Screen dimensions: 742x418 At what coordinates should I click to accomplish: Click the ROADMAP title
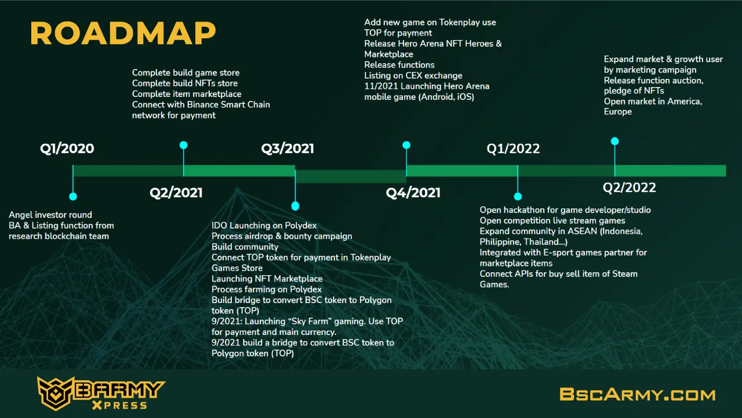[123, 33]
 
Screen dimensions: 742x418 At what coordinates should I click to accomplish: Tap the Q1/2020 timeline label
[67, 148]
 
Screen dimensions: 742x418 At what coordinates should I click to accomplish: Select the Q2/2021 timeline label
[176, 193]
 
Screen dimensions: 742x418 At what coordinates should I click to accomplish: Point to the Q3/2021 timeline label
[288, 148]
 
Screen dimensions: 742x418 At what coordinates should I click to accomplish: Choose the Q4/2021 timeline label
[413, 193]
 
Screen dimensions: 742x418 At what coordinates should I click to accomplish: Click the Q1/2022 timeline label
[513, 148]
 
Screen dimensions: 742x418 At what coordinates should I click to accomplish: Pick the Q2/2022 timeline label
[629, 188]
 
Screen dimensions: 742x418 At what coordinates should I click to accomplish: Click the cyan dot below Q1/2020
[73, 196]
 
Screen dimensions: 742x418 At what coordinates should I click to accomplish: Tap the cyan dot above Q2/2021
[184, 145]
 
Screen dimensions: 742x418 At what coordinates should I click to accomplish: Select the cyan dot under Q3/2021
[295, 206]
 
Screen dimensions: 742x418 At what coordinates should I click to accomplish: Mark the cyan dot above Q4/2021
[406, 145]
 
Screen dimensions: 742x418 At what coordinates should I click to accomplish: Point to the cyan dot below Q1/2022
[518, 196]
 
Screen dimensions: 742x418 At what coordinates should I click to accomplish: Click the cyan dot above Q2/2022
[615, 141]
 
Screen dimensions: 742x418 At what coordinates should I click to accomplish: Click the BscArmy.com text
[638, 394]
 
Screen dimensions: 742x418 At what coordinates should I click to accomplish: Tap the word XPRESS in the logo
[120, 405]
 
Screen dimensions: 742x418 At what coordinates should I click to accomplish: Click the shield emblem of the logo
[55, 394]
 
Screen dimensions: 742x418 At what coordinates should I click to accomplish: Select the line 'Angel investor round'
[50, 215]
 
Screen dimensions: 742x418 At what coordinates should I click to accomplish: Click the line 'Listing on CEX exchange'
[413, 75]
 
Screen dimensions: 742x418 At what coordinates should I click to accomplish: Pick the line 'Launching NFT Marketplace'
[267, 279]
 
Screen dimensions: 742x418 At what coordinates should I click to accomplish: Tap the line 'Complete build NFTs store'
[185, 83]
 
